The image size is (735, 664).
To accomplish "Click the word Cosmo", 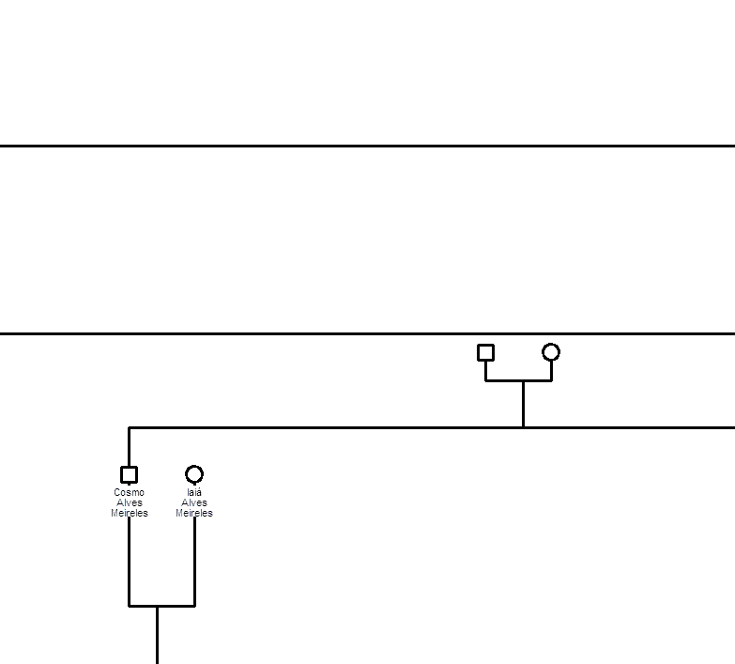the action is tap(129, 492).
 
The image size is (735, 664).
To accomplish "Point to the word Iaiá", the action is tap(194, 492).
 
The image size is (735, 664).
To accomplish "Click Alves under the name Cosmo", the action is tap(130, 502).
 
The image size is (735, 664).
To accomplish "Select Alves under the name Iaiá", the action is tap(194, 502).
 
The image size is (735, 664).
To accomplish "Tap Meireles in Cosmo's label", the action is tap(130, 513).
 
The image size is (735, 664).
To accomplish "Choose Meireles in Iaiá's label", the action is tap(194, 513).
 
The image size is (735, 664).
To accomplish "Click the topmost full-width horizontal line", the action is tap(368, 147).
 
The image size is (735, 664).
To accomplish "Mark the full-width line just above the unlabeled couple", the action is tap(368, 333).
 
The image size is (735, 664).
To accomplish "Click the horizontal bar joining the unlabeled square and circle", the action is tap(518, 380).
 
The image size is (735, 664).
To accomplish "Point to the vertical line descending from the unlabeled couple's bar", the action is tap(523, 404).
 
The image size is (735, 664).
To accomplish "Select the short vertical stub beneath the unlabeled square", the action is tap(485, 371).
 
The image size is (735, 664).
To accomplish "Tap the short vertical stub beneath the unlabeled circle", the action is tap(551, 371).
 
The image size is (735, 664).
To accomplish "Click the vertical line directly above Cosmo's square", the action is tap(129, 447).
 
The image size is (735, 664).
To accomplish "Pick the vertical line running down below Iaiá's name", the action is tap(194, 562).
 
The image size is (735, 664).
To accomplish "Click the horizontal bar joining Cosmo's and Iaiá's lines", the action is tap(161, 606).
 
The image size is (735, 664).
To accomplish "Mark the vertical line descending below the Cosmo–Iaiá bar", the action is tap(157, 635).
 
